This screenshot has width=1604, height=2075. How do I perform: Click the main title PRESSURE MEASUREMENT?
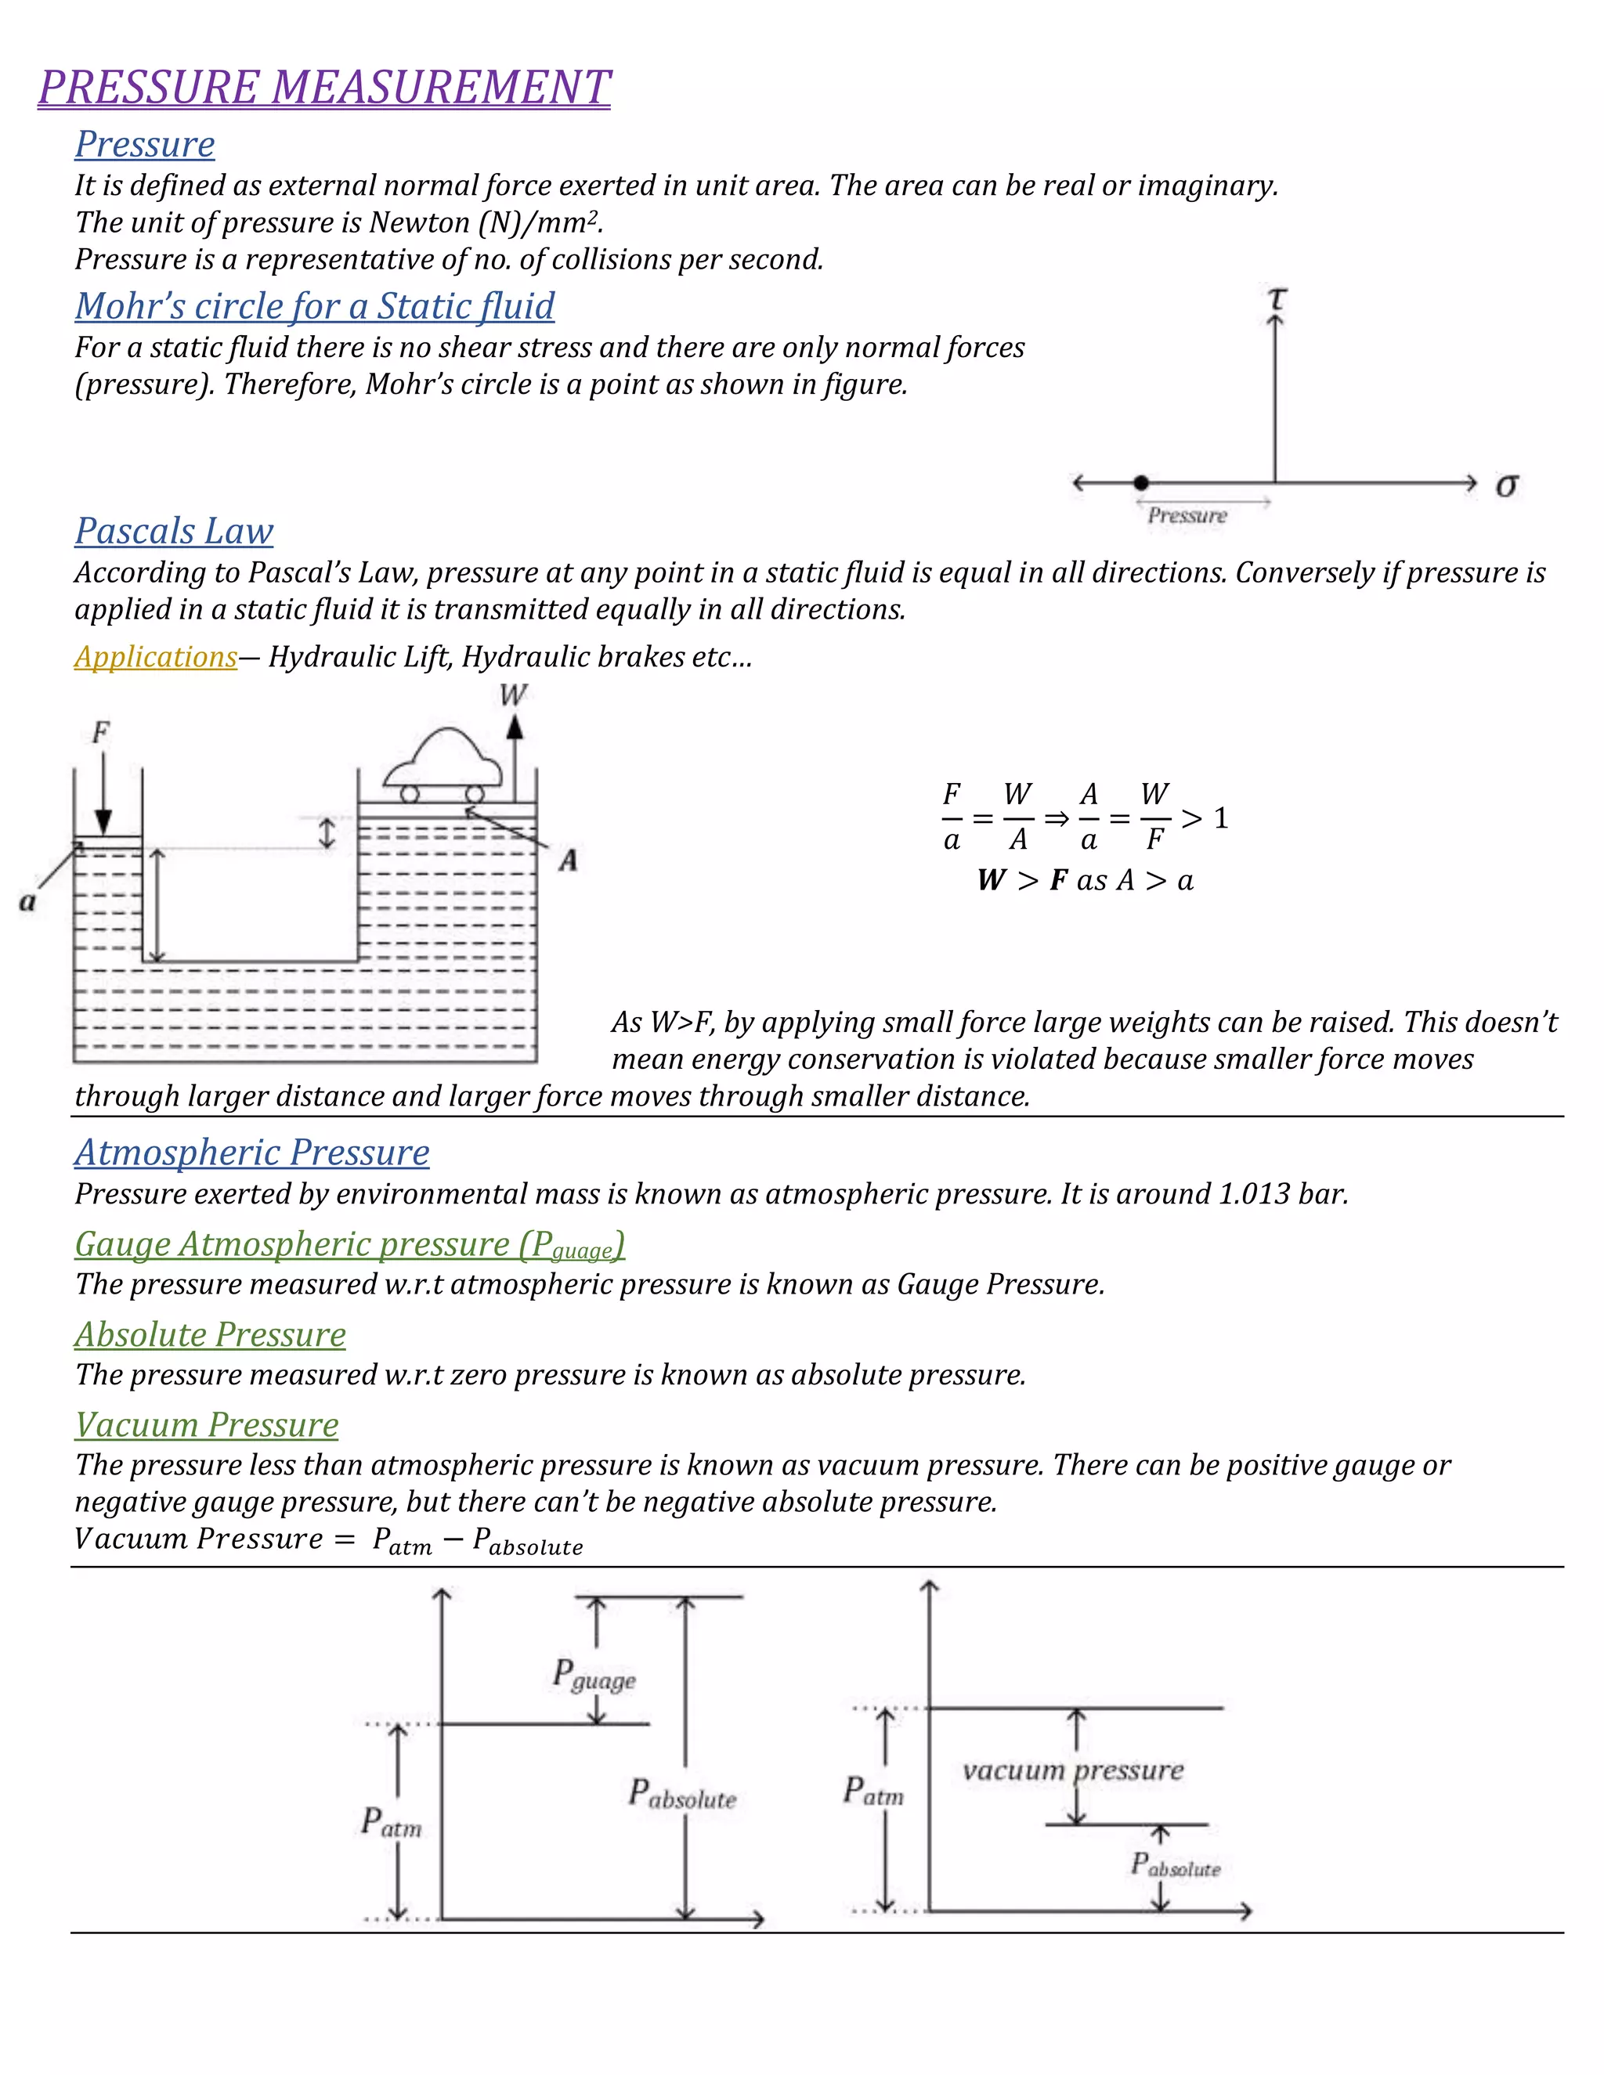(324, 88)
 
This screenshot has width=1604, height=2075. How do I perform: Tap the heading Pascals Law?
(174, 531)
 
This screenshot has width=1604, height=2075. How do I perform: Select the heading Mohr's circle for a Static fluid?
(315, 306)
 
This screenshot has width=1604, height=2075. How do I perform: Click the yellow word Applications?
(156, 656)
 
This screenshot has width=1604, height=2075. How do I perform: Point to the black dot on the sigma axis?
(1141, 482)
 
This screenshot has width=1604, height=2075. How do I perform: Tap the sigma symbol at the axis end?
(1506, 485)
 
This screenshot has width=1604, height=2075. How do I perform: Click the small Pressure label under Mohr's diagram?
(1187, 516)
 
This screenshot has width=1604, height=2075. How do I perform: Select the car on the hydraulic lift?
(442, 766)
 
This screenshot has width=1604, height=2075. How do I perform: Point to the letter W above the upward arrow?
(513, 695)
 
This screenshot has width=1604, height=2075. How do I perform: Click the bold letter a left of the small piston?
(27, 901)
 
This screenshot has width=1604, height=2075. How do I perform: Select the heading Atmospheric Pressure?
(252, 1153)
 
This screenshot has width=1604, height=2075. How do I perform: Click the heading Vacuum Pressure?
(206, 1425)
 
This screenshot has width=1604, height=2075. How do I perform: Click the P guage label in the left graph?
(594, 1676)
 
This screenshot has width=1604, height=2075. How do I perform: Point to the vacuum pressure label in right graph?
(1073, 1770)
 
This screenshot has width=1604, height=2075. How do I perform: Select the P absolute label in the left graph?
(681, 1795)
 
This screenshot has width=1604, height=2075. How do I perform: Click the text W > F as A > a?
(1086, 881)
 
